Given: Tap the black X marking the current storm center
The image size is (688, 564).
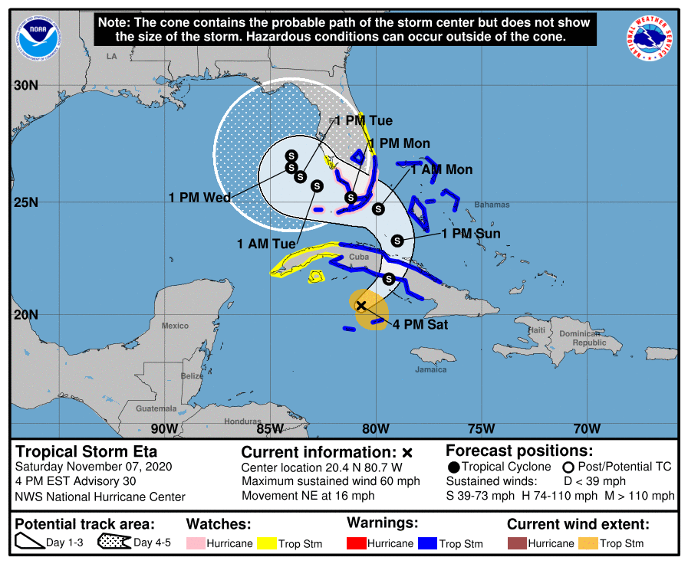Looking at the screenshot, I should [x=361, y=306].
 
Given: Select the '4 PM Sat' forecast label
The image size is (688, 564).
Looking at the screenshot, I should [x=420, y=325].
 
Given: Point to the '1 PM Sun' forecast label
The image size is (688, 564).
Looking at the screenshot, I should [x=471, y=234].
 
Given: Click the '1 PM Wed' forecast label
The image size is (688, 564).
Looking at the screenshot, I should [x=199, y=198].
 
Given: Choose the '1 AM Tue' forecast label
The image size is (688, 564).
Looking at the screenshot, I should [x=266, y=244].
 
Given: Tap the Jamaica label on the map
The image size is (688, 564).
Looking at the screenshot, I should [x=431, y=369].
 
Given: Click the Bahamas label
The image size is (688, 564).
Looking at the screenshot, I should [x=492, y=205].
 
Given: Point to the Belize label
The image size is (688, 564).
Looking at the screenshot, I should [x=192, y=376].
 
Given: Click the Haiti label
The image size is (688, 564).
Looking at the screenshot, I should [x=537, y=330].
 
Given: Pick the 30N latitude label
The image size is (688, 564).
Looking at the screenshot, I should [x=25, y=86].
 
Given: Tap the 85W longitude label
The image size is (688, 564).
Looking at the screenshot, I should [x=271, y=428].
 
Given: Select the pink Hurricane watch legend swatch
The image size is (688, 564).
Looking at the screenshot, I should [x=198, y=543].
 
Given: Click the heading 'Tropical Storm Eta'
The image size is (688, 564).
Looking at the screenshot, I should [x=87, y=451].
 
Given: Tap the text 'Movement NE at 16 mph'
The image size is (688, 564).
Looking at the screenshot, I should [x=308, y=496].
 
